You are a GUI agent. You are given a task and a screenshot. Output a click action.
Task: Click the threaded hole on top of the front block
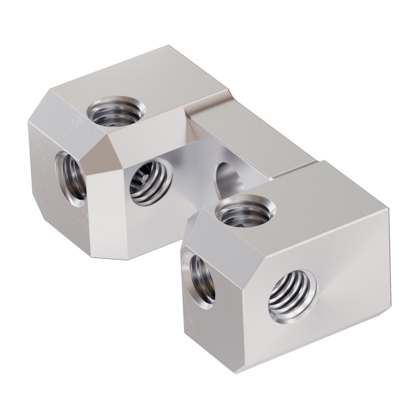coord(245,209)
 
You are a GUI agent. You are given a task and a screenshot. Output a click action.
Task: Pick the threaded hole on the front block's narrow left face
coord(201,279)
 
